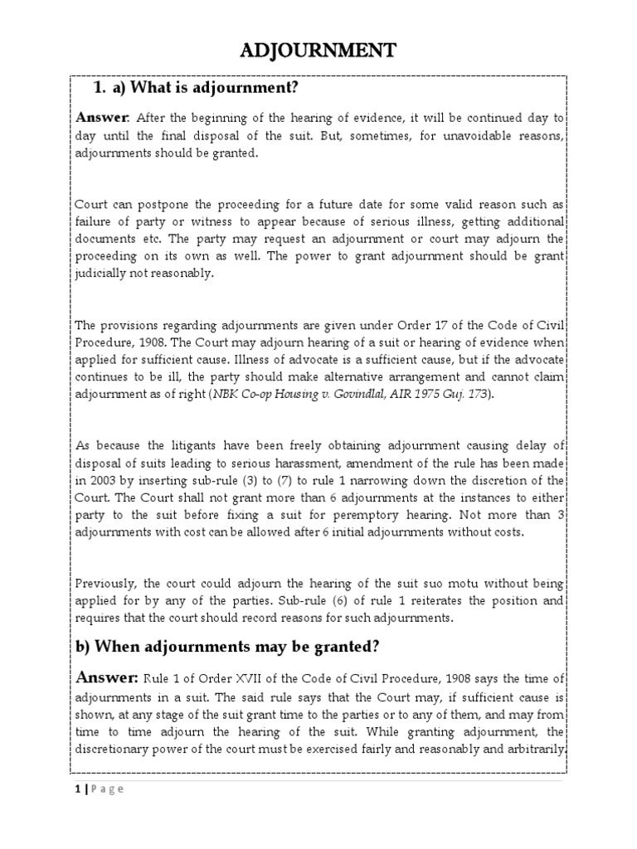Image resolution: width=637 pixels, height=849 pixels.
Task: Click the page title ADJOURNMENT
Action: coord(318,51)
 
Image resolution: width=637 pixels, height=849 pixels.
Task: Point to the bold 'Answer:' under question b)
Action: coord(107,678)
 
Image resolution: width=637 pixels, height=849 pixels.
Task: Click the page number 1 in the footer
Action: coord(77,788)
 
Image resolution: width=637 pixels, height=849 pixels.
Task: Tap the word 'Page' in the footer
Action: coord(106,788)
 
